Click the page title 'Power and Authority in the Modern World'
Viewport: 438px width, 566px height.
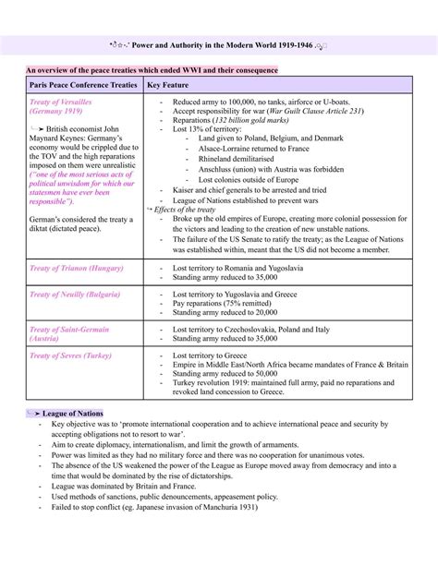pyautogui.click(x=220, y=42)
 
